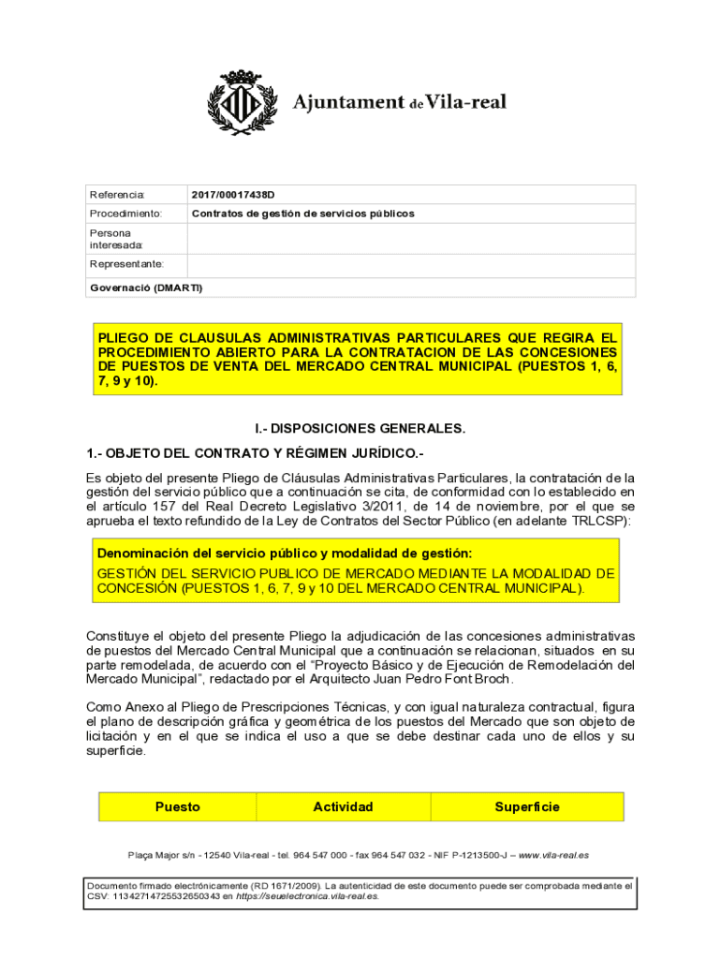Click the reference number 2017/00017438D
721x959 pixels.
[x=233, y=195]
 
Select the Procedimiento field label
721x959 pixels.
[x=125, y=214]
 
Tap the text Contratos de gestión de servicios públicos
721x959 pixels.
[x=302, y=214]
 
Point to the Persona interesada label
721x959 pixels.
[x=110, y=239]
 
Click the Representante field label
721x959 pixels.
[x=126, y=264]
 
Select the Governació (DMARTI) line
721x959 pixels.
[x=145, y=288]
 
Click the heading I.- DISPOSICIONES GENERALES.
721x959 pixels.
[x=360, y=428]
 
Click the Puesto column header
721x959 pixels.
[x=178, y=806]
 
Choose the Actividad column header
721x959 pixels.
[x=343, y=806]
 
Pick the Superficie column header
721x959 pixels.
[x=527, y=806]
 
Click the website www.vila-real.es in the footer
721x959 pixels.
[x=553, y=855]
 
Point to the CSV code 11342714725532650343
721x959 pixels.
[x=167, y=896]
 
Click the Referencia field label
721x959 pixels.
[x=117, y=195]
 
